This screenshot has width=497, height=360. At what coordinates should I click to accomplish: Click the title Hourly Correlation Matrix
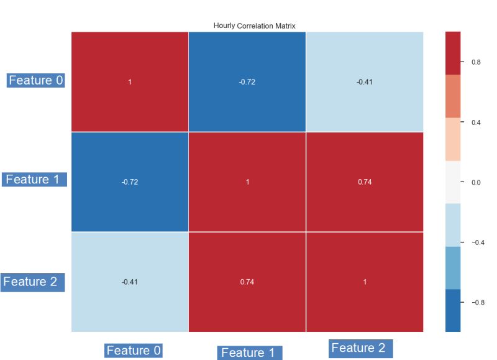point(247,25)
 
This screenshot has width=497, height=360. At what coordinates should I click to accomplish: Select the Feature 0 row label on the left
point(35,80)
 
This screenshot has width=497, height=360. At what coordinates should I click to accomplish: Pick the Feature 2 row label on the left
point(33,282)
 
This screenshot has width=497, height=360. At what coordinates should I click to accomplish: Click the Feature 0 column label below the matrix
point(134,351)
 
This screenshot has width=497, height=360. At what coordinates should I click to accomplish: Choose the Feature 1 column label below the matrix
point(248,353)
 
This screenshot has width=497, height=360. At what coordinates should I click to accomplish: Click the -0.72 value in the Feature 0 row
point(247,82)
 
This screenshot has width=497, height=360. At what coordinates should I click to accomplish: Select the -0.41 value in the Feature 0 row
point(365,82)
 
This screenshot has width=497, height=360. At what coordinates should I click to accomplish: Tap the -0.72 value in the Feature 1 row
point(130,182)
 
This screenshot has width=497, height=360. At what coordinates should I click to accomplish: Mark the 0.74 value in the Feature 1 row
point(365,182)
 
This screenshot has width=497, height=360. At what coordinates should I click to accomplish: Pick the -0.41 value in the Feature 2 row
point(130,282)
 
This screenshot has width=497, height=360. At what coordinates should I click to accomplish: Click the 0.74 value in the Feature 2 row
point(247,282)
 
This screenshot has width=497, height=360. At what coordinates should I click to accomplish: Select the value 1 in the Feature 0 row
point(130,82)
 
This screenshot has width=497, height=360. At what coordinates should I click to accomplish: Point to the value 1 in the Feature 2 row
point(365,282)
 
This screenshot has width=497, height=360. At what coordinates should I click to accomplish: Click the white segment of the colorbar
point(453,182)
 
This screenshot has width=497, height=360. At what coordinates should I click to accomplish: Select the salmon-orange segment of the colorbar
point(453,96)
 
